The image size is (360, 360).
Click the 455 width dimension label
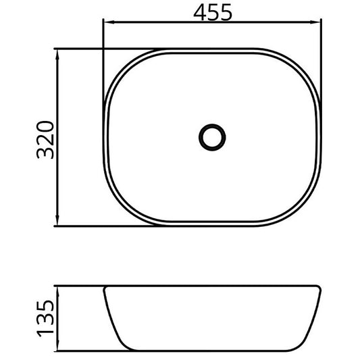[x=213, y=13]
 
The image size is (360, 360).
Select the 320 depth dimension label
[x=45, y=140]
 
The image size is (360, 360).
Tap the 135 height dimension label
[x=45, y=318]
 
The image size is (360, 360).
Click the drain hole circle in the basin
[x=212, y=137]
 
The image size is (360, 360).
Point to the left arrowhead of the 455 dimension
[x=109, y=22]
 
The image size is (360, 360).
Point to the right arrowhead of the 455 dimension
[x=315, y=22]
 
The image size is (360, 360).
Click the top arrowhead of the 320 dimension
[x=57, y=55]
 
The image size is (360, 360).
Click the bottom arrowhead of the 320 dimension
[x=57, y=220]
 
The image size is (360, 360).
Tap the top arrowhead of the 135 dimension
[x=57, y=292]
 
